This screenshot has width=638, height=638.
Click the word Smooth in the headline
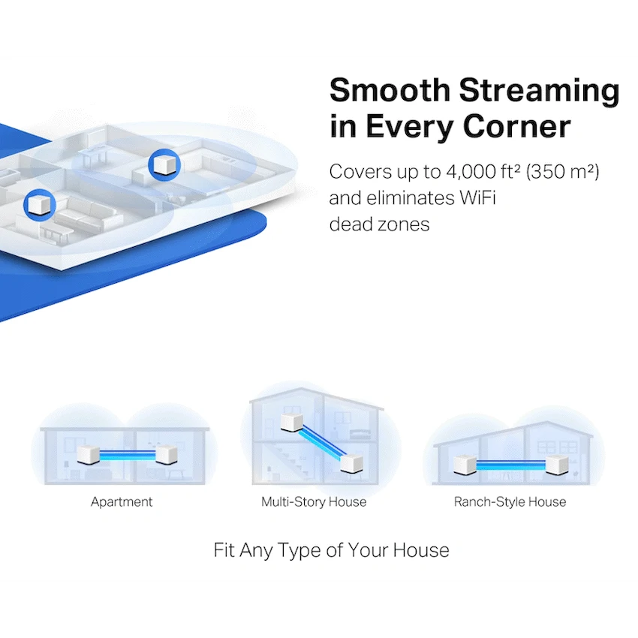pyautogui.click(x=390, y=90)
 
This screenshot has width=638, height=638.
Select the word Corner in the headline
pyautogui.click(x=516, y=127)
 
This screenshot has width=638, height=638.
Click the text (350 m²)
pyautogui.click(x=563, y=172)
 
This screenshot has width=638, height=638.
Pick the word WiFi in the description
pyautogui.click(x=477, y=198)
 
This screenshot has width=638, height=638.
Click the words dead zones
pyautogui.click(x=379, y=224)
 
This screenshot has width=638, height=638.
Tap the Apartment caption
pyautogui.click(x=122, y=502)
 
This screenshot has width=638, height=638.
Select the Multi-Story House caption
pyautogui.click(x=314, y=502)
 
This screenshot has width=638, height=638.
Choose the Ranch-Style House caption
pyautogui.click(x=510, y=502)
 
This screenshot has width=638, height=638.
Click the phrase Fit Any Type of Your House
pyautogui.click(x=331, y=550)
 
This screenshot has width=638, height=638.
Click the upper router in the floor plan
pyautogui.click(x=164, y=164)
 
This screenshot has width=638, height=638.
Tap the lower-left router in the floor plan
pyautogui.click(x=40, y=204)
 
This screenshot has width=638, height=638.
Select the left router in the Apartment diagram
pyautogui.click(x=89, y=455)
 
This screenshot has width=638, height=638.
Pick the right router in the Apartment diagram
pyautogui.click(x=167, y=455)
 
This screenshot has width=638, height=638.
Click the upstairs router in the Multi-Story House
pyautogui.click(x=292, y=423)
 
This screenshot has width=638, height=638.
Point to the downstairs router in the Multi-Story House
pyautogui.click(x=351, y=463)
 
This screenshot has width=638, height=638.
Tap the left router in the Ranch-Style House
pyautogui.click(x=465, y=465)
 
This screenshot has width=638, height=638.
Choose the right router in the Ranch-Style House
pyautogui.click(x=557, y=465)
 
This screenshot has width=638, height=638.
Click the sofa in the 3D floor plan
pyautogui.click(x=88, y=215)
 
